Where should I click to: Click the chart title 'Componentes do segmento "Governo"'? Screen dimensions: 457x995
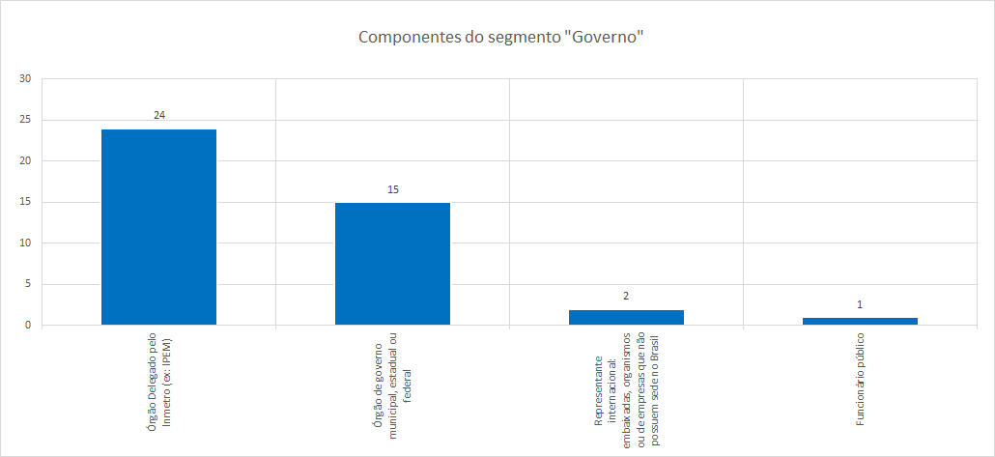point(500,38)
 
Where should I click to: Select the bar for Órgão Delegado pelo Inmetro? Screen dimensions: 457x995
point(158,227)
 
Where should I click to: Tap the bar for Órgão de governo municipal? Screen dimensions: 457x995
point(392,264)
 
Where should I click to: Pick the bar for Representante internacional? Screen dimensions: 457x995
point(626,317)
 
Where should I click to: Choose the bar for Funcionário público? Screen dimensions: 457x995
point(860,321)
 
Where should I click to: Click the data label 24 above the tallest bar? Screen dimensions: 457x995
point(159,115)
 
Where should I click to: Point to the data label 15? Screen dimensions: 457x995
point(393,189)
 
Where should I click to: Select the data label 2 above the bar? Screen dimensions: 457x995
point(626,296)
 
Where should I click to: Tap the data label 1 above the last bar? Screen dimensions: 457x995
point(860,304)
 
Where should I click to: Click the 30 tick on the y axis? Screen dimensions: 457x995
point(25,79)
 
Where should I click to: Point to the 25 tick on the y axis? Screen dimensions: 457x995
point(25,120)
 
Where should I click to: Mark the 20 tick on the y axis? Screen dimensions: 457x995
point(25,161)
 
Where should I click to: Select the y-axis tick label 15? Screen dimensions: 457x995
point(25,202)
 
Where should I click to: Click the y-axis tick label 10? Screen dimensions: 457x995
point(25,243)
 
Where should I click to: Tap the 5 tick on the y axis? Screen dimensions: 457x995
point(28,284)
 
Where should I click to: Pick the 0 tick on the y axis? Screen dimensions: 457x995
point(28,326)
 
